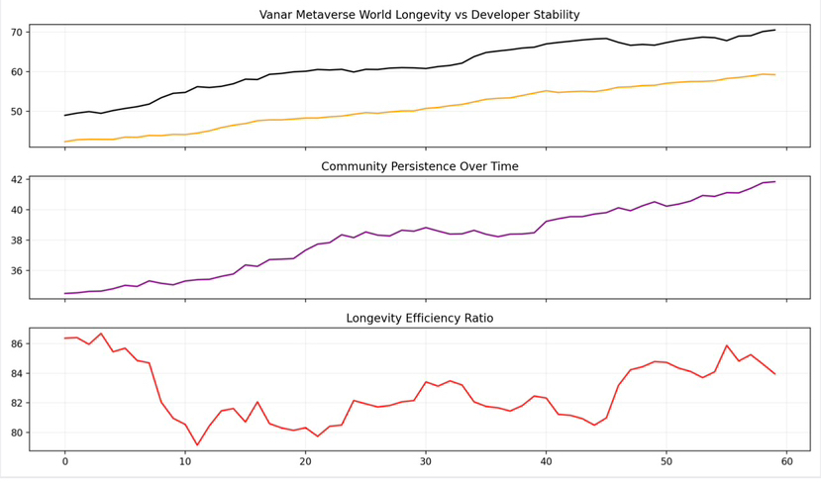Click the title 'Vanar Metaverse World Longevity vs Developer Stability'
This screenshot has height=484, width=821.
(433, 15)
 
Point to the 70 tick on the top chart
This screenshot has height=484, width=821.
(16, 33)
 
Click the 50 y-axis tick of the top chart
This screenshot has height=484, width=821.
(16, 112)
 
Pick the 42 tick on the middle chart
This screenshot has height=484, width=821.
(16, 180)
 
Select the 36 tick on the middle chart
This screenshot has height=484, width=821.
(16, 271)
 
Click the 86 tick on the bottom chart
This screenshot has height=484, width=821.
(16, 344)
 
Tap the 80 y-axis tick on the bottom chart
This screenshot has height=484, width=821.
(16, 434)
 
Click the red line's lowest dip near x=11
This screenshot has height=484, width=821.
(197, 445)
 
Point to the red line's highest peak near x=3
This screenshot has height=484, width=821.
(101, 334)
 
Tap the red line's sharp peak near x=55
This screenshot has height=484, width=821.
(727, 345)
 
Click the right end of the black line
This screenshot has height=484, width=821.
(774, 30)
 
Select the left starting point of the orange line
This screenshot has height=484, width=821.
(65, 142)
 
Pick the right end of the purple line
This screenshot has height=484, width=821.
(774, 182)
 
